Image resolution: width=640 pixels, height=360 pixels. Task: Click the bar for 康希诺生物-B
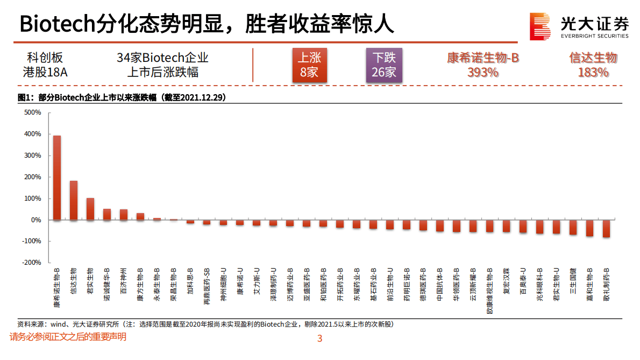tap(57, 178)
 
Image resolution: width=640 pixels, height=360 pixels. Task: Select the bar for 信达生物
tap(74, 200)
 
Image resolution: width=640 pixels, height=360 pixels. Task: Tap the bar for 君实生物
tap(90, 209)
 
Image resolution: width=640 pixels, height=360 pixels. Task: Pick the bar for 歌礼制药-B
tap(606, 229)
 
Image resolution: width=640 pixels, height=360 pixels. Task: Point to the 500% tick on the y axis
tap(33, 112)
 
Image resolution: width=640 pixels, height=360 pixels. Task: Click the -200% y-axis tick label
tap(32, 263)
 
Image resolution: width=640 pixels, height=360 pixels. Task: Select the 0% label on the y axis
tap(36, 220)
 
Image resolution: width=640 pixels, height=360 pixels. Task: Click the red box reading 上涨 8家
tap(309, 65)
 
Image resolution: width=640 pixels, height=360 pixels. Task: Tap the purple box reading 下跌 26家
tap(383, 65)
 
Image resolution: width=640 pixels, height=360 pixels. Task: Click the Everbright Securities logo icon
tap(539, 26)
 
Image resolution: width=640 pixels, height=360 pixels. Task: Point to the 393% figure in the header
tap(482, 73)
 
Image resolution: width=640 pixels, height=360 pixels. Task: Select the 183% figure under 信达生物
tap(593, 73)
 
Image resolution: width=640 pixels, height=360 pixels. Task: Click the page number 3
tap(319, 339)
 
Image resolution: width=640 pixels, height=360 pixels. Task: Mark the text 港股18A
tap(45, 72)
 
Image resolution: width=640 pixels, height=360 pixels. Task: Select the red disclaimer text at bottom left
tap(68, 337)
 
